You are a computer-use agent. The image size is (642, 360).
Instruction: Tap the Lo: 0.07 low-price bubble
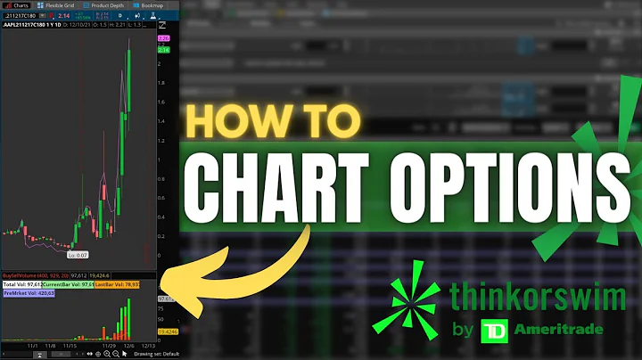click(x=78, y=254)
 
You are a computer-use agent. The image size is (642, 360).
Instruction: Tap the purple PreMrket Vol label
click(x=29, y=291)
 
